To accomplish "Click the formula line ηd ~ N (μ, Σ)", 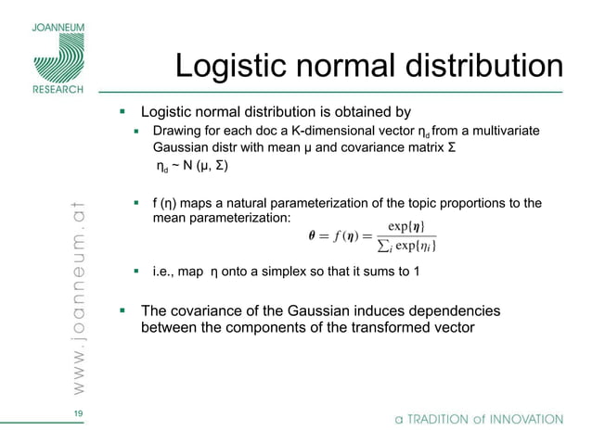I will point(191,168).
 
